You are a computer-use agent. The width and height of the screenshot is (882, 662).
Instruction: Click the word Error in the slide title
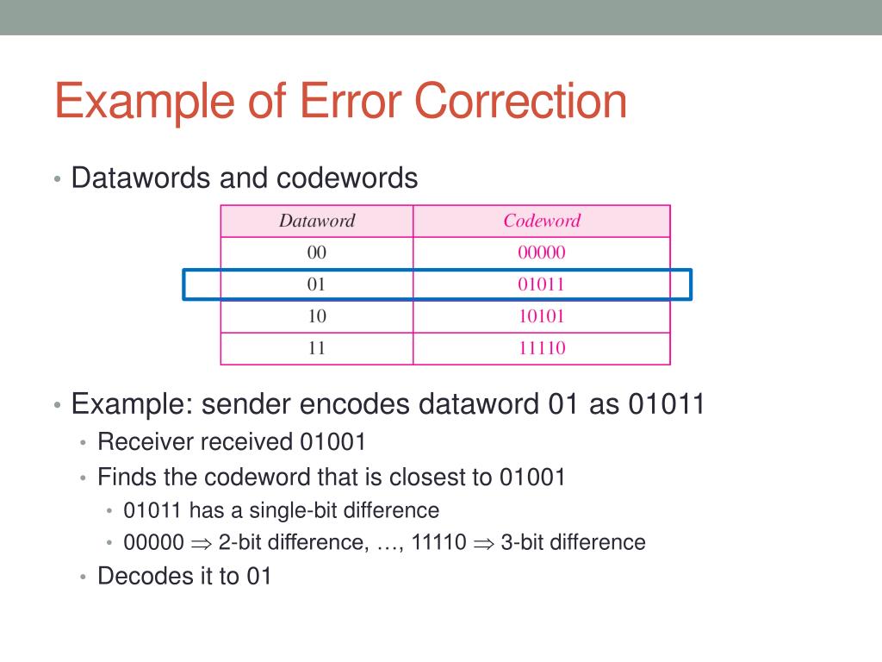coord(348,101)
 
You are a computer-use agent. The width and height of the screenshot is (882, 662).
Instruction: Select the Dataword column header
coord(316,221)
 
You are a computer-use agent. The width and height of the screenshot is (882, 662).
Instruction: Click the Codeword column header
coord(542,221)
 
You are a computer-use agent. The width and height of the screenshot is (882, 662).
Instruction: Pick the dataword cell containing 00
coord(316,253)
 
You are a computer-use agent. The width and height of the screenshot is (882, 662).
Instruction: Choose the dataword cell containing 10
coord(316,316)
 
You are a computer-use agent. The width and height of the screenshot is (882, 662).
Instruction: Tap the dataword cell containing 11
coord(316,348)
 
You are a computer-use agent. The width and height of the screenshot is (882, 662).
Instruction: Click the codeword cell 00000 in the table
coord(541,253)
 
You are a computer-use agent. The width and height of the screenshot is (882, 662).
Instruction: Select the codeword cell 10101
coord(541,316)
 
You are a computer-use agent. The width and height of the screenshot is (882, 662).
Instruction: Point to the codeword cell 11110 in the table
coord(541,348)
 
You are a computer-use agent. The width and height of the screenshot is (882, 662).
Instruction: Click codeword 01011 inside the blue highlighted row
coord(541,284)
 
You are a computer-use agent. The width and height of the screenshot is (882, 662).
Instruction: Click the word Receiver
coord(146,442)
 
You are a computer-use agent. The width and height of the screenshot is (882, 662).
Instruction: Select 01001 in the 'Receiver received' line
coord(332,442)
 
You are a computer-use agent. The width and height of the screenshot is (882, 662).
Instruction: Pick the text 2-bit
coord(239,542)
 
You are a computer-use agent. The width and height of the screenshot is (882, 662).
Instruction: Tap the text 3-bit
coord(520,542)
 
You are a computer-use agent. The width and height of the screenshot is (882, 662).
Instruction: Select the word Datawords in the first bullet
coord(140,178)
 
